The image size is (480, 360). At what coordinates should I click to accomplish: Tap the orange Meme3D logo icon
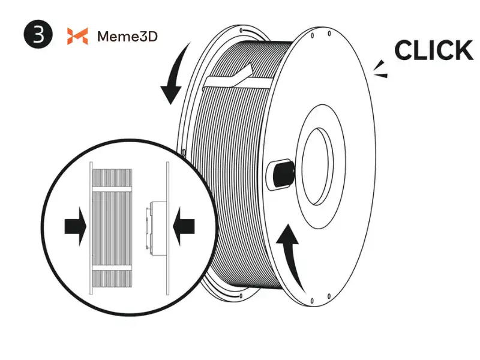coord(77,36)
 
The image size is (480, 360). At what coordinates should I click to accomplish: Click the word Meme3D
coord(127,37)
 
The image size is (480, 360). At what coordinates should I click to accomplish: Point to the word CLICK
coord(433,50)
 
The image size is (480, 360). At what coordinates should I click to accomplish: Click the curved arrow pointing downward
coord(175,78)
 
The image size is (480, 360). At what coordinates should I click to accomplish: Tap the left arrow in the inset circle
coord(75,227)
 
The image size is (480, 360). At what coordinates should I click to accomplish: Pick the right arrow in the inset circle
coord(183,226)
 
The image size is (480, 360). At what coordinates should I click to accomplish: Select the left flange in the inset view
coord(91,227)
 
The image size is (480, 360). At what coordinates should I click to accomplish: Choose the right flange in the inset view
coord(168,227)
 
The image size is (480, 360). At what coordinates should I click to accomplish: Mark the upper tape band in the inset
coord(111,188)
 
